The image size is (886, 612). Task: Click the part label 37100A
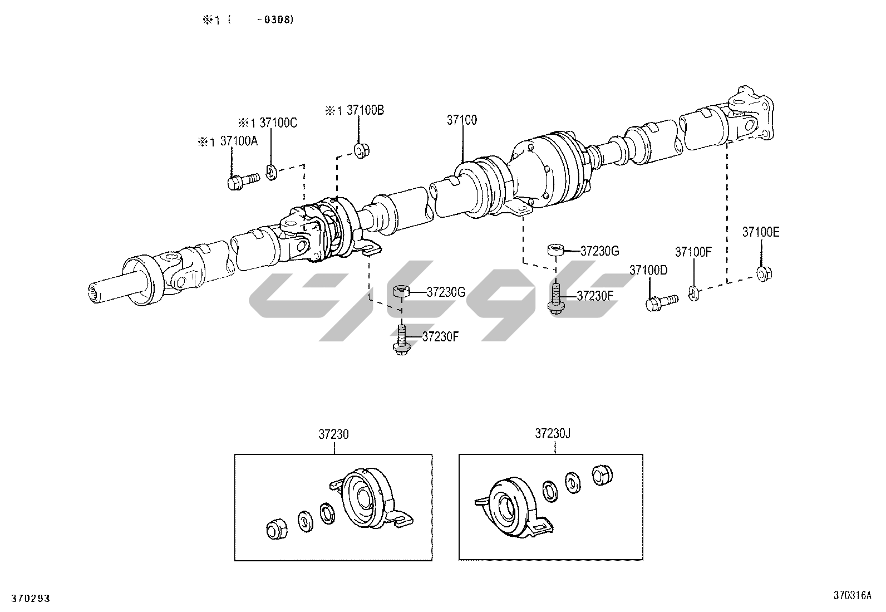pyautogui.click(x=239, y=141)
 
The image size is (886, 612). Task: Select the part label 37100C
pyautogui.click(x=278, y=123)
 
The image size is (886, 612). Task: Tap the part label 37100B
pyautogui.click(x=366, y=110)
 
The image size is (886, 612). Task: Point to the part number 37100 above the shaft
pyautogui.click(x=461, y=120)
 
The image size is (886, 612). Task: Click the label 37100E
pyautogui.click(x=761, y=232)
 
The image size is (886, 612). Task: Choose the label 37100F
pyautogui.click(x=693, y=252)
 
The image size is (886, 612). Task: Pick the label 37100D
pyautogui.click(x=648, y=270)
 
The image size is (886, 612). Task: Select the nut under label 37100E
pyautogui.click(x=764, y=273)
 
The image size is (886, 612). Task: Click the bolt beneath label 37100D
pyautogui.click(x=661, y=302)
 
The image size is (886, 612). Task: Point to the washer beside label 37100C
pyautogui.click(x=271, y=172)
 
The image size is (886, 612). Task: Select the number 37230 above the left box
pyautogui.click(x=333, y=434)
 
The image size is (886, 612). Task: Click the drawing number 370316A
pyautogui.click(x=852, y=595)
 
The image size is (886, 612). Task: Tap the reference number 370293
pyautogui.click(x=31, y=599)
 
